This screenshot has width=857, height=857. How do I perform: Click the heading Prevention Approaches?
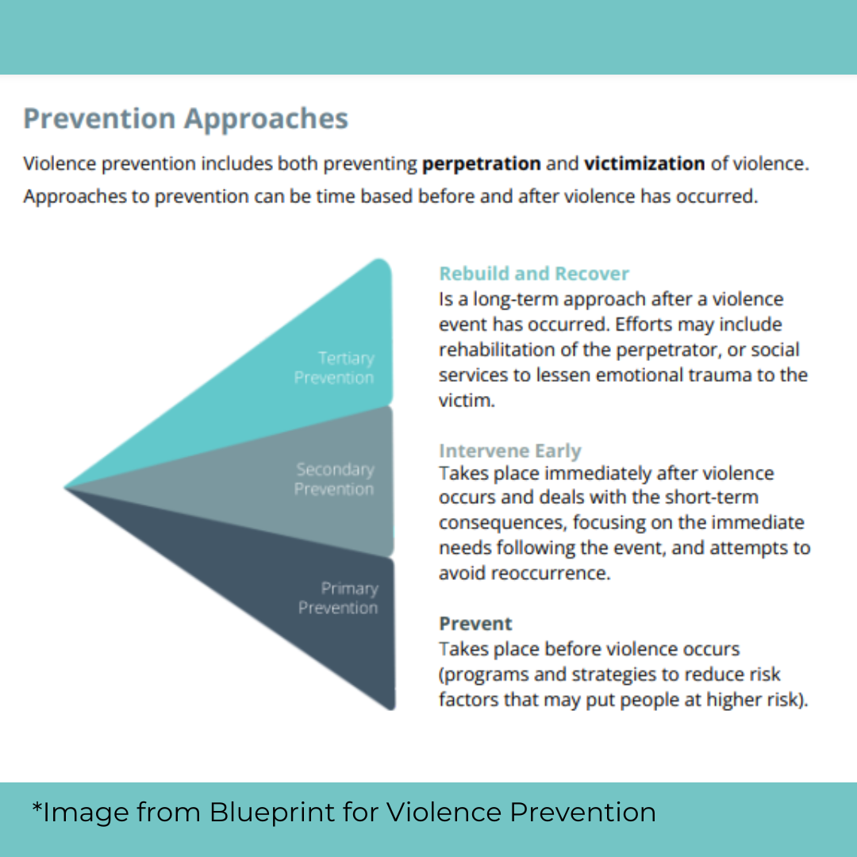click(x=186, y=119)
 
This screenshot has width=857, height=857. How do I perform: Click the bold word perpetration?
click(x=482, y=164)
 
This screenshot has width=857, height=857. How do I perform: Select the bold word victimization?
click(x=644, y=164)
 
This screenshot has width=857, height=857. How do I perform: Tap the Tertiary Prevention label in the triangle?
click(x=334, y=368)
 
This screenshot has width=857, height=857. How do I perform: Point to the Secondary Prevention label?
click(x=334, y=479)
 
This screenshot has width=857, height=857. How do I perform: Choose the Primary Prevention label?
click(x=338, y=598)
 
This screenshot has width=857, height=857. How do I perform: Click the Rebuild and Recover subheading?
click(x=534, y=274)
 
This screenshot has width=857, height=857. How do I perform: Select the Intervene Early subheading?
click(x=510, y=451)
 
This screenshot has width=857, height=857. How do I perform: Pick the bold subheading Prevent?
click(x=476, y=624)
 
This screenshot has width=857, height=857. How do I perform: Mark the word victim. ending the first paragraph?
click(x=467, y=401)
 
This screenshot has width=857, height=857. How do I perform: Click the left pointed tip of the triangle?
click(x=67, y=486)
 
